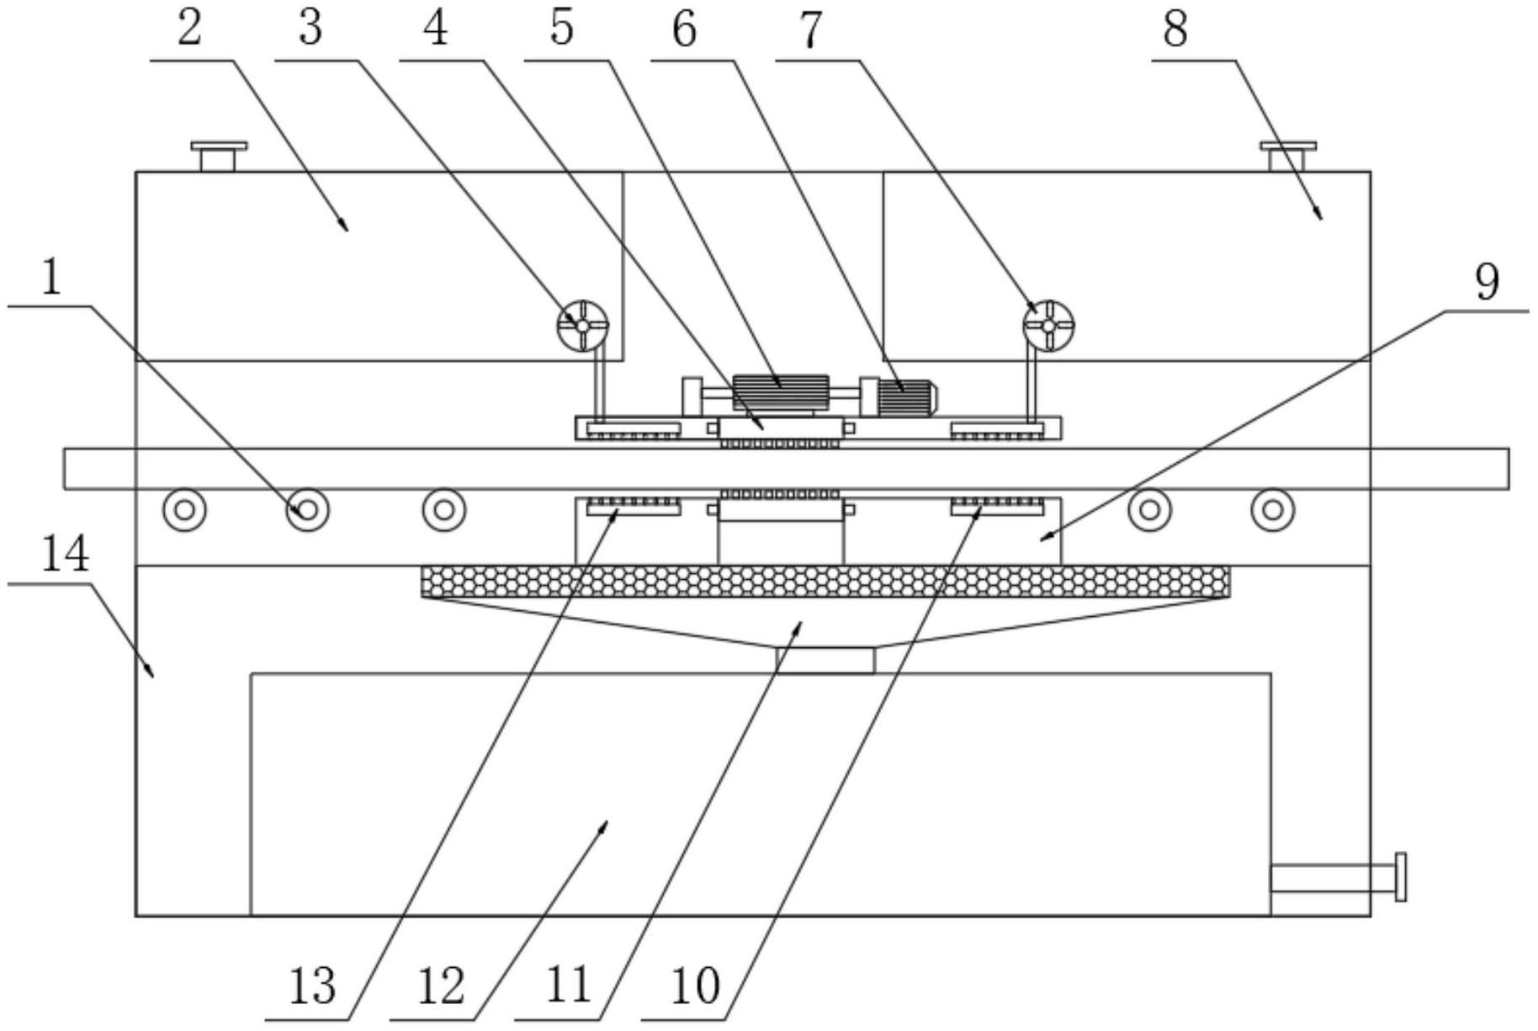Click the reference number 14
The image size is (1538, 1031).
coord(66,555)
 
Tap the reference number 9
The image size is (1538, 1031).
coord(1487,282)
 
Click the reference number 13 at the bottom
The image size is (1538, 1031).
coord(312,986)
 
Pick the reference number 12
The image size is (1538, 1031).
coord(441,986)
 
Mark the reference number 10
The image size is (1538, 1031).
coord(696,986)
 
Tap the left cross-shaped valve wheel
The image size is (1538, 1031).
coord(582,325)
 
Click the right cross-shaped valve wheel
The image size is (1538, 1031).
coord(1047,325)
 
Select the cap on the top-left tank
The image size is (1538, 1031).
coord(219,156)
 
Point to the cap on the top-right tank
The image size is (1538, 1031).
coord(1287,156)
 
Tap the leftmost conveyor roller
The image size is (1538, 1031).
coord(185,510)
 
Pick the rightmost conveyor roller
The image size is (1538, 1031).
coord(1272,510)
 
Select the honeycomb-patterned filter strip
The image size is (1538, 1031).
coord(825,581)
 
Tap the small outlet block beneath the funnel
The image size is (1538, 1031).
coord(825,660)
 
